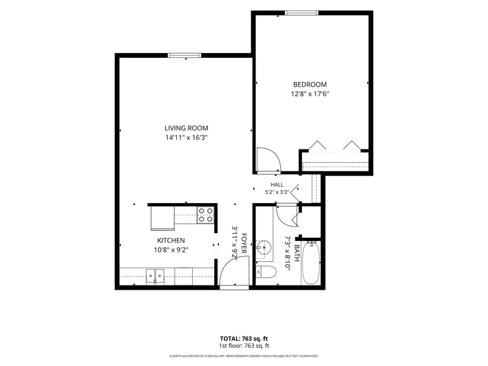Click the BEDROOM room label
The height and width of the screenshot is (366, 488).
310,84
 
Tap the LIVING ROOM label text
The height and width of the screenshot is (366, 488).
187,128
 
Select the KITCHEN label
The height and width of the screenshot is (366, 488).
171,240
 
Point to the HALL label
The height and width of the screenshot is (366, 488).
277,185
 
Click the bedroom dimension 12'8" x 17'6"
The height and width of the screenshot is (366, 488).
310,94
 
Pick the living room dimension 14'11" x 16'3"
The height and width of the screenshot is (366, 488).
187,137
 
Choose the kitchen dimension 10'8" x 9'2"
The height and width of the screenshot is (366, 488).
171,249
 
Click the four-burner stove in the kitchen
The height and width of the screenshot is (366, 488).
206,215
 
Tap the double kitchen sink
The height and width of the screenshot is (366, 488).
155,276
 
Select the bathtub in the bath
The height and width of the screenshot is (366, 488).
311,263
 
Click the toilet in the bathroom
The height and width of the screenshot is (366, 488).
266,272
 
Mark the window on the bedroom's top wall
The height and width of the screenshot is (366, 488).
301,13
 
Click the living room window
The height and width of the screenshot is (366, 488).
184,56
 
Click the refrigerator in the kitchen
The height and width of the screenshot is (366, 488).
162,218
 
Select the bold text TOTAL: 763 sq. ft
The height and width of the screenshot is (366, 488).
244,339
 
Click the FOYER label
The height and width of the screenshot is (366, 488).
244,243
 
